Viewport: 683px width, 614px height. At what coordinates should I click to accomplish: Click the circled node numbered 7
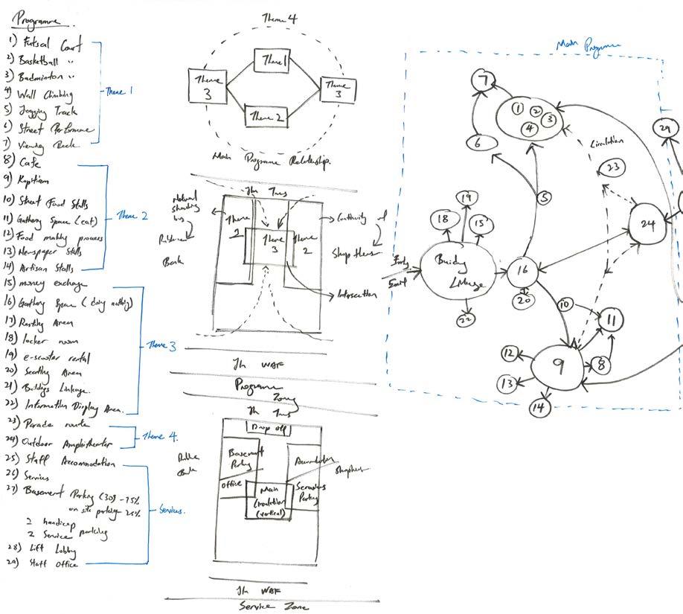click(486, 81)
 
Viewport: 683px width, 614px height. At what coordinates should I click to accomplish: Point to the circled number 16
click(522, 271)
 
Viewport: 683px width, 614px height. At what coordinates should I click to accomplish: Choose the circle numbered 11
click(612, 321)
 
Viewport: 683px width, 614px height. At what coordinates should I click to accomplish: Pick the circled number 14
click(539, 407)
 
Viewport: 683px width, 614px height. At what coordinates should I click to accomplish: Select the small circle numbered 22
click(466, 319)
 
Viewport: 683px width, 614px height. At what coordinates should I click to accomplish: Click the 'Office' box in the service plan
click(231, 485)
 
